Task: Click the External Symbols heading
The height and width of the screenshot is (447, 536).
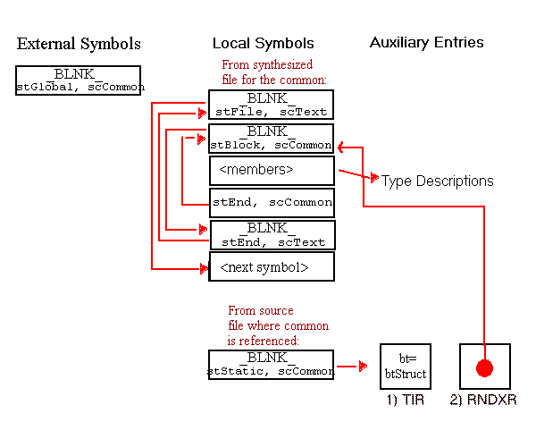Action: [79, 44]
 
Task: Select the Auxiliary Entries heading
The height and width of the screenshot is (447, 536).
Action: [427, 42]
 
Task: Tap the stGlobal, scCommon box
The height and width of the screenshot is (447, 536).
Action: [78, 80]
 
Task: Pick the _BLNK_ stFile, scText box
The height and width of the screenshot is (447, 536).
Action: [271, 105]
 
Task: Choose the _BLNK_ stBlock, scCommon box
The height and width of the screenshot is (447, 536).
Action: [271, 137]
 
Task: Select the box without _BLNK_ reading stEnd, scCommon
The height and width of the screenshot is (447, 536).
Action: [272, 203]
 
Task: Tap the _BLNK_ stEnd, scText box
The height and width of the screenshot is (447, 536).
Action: [272, 235]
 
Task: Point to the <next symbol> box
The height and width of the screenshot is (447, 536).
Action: [271, 266]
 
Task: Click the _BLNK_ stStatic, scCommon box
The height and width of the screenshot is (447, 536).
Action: [271, 364]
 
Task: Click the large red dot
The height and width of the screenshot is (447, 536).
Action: [483, 367]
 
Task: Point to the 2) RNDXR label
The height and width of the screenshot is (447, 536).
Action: [484, 401]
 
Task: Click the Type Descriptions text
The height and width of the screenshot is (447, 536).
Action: [438, 181]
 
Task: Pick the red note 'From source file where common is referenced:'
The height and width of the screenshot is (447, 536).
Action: [278, 325]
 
